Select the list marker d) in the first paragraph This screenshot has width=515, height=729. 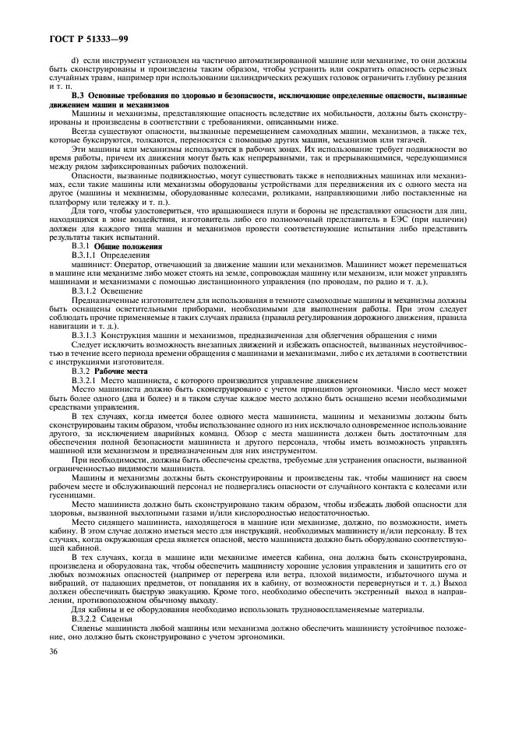point(75,60)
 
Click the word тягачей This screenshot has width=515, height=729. point(388,140)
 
